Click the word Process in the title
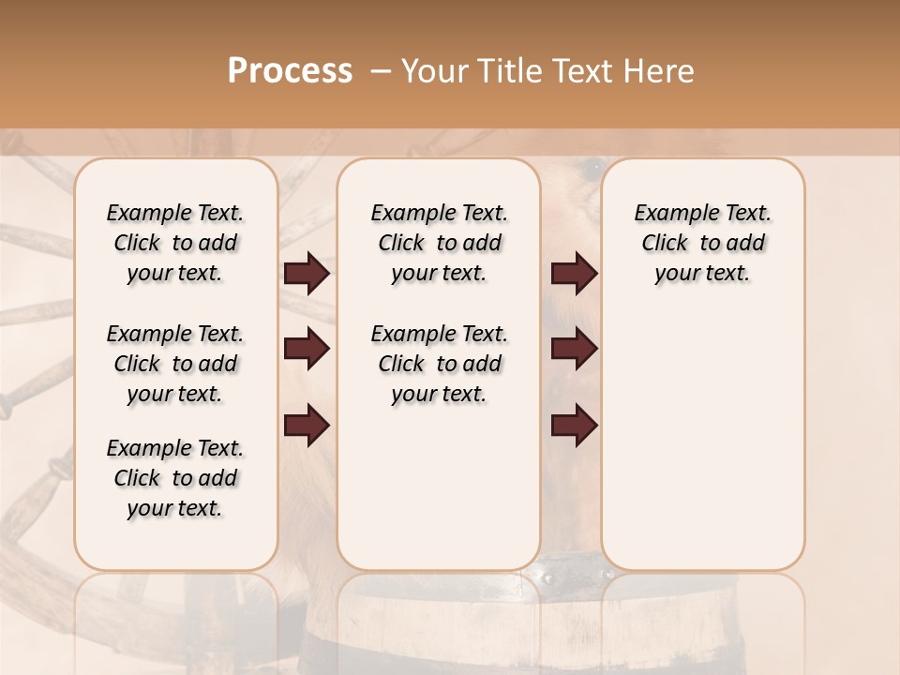point(290,71)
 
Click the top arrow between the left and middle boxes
point(307,274)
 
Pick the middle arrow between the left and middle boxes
point(307,350)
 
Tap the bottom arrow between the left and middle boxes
point(307,426)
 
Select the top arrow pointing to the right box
point(574,274)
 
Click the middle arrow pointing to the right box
point(574,350)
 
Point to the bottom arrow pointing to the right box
point(574,426)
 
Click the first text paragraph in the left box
point(175,243)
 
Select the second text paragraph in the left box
point(175,364)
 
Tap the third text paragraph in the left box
point(175,478)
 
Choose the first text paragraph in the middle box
point(439,243)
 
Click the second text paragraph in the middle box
point(439,364)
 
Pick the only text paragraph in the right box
point(703,243)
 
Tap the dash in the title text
point(380,71)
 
